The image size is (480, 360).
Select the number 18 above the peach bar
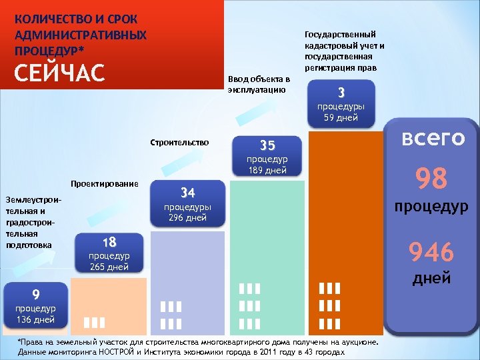click(x=109, y=241)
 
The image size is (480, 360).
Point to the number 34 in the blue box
click(x=188, y=193)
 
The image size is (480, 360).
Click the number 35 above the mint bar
click(x=267, y=145)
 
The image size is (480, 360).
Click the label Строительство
click(x=180, y=142)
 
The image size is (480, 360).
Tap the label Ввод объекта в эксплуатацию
click(x=258, y=84)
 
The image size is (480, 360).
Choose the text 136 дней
click(x=36, y=319)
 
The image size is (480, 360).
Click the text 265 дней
click(x=109, y=267)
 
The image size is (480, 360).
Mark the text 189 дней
click(x=267, y=170)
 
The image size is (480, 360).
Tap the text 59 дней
click(x=341, y=118)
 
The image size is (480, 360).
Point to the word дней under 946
click(x=431, y=278)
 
